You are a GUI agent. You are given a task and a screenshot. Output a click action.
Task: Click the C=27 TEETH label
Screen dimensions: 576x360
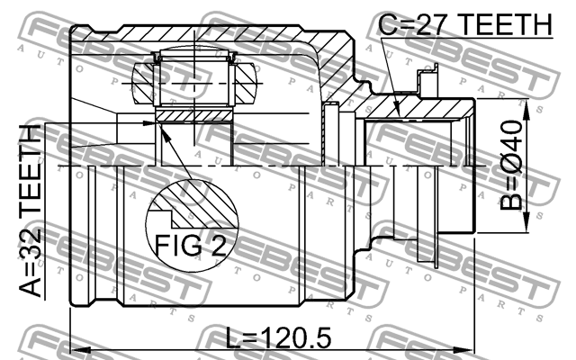[465, 24]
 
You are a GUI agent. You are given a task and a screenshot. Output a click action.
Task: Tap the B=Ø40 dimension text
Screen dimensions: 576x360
[510, 166]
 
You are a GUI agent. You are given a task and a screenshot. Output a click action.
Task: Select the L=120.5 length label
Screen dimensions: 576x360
[278, 338]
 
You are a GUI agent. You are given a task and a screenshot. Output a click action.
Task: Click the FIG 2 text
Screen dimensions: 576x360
[191, 246]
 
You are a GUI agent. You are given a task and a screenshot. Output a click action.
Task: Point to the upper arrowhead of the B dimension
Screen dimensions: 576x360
[526, 110]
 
